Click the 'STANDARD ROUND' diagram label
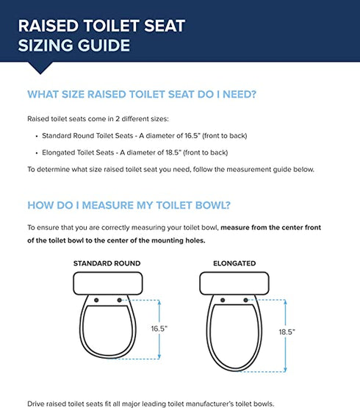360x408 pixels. [x=107, y=262]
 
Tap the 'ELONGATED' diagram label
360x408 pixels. [x=234, y=262]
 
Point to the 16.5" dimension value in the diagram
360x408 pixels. [x=159, y=329]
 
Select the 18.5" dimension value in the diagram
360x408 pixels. [x=286, y=332]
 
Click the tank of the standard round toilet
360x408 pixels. [x=107, y=282]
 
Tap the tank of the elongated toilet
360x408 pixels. [x=234, y=282]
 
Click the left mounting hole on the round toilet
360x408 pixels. [x=96, y=300]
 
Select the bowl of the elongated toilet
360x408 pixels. [x=234, y=334]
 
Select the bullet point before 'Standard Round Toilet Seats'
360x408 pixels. [x=37, y=136]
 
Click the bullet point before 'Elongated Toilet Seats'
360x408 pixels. [x=37, y=152]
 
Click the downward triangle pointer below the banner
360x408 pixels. [x=40, y=68]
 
